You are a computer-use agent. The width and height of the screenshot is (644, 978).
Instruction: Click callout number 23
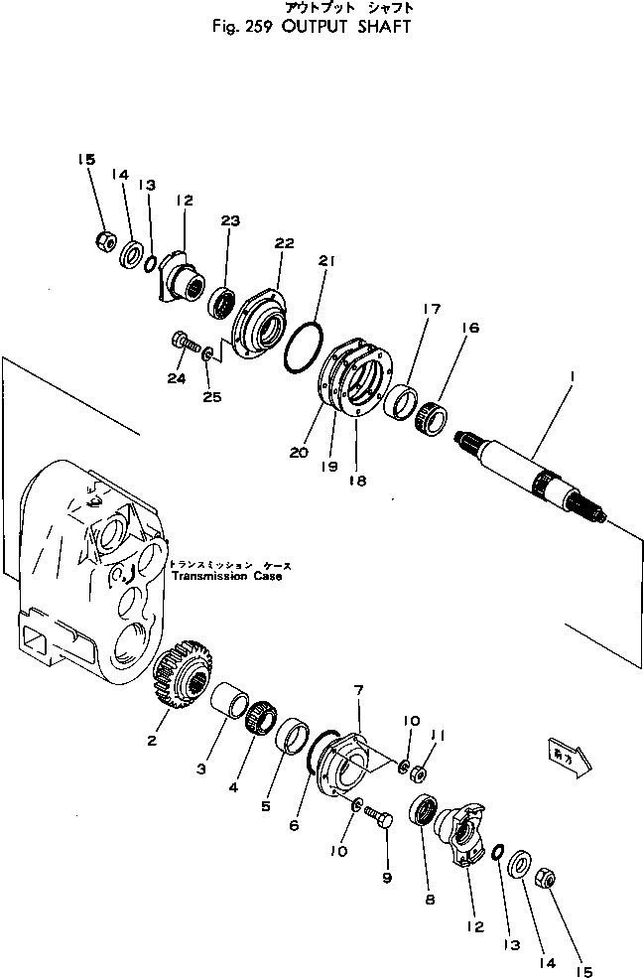pos(230,222)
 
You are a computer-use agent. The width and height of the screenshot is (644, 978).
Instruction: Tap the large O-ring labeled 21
pos(301,346)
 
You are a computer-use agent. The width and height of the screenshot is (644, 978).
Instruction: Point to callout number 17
pos(431,309)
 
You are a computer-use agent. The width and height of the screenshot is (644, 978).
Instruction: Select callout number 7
pos(359,689)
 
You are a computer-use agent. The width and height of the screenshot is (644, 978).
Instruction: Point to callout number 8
pos(429,901)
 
